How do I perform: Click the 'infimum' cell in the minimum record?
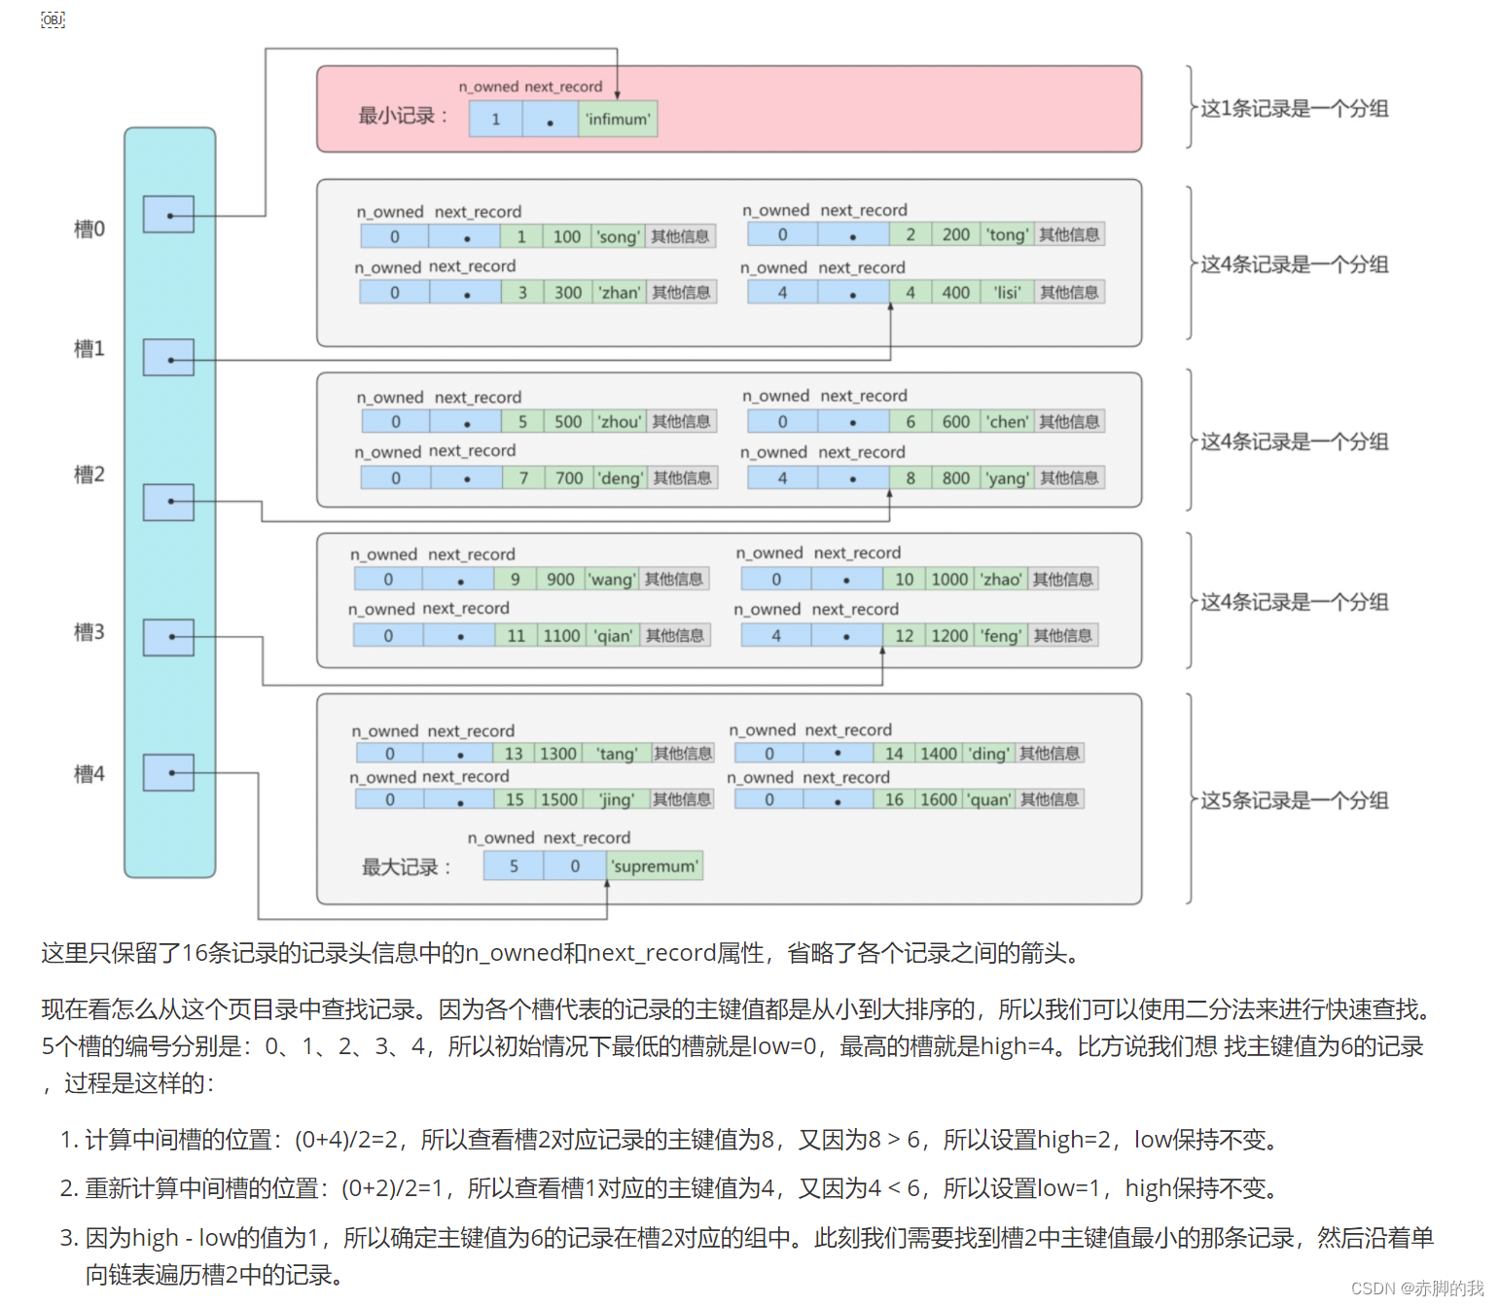click(618, 119)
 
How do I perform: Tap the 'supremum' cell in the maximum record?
click(655, 865)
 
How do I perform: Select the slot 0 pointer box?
click(168, 214)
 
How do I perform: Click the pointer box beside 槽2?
click(168, 502)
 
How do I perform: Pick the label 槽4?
click(89, 774)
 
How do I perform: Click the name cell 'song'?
click(618, 236)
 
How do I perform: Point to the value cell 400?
click(955, 292)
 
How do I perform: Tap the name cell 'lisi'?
click(1007, 292)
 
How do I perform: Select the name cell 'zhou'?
click(620, 421)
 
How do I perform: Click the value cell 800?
click(955, 477)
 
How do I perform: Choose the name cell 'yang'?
click(1007, 477)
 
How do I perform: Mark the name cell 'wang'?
click(612, 579)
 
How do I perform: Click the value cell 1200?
click(949, 635)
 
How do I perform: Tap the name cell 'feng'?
click(1001, 635)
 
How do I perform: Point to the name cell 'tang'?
click(617, 754)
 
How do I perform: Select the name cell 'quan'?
click(988, 799)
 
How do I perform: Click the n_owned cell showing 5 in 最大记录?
click(514, 865)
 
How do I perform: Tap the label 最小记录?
click(403, 116)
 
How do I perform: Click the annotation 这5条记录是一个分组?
click(1294, 800)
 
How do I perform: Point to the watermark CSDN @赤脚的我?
click(1417, 1288)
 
